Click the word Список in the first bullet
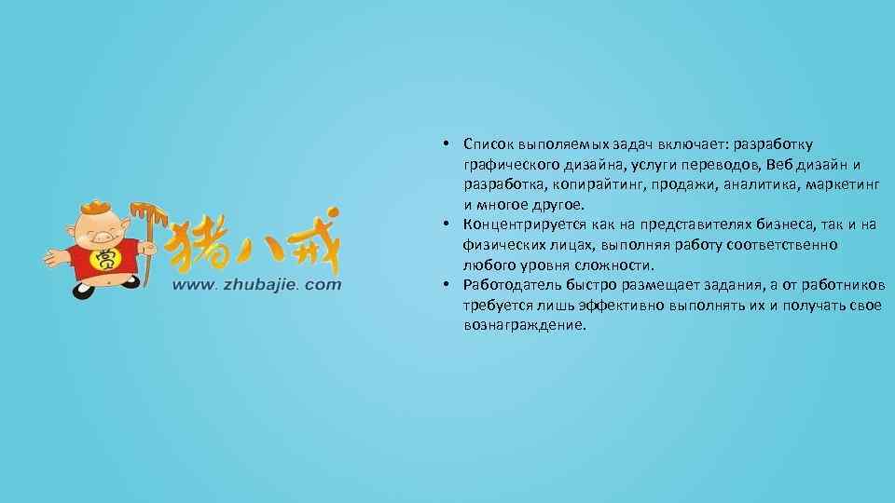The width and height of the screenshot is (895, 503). pyautogui.click(x=489, y=144)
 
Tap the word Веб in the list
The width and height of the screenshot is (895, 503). pyautogui.click(x=776, y=164)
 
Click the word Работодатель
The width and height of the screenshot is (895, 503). pyautogui.click(x=510, y=285)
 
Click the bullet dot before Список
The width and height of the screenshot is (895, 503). pyautogui.click(x=447, y=144)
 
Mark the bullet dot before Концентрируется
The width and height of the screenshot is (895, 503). pyautogui.click(x=447, y=224)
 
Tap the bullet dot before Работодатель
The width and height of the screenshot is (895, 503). pyautogui.click(x=447, y=285)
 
